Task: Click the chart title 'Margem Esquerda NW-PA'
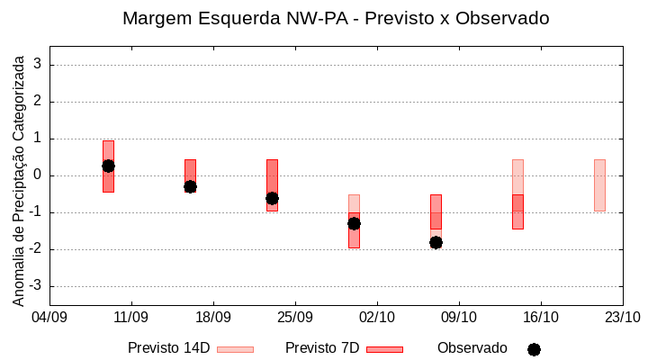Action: pyautogui.click(x=336, y=18)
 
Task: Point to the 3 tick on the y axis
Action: pyautogui.click(x=39, y=65)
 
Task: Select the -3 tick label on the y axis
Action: pyautogui.click(x=36, y=286)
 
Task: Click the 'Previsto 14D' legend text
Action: pyautogui.click(x=168, y=348)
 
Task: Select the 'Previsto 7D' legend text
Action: pyautogui.click(x=322, y=348)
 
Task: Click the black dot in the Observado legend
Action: pyautogui.click(x=534, y=349)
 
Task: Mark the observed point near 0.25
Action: pyautogui.click(x=108, y=166)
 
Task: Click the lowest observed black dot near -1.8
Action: pyautogui.click(x=436, y=242)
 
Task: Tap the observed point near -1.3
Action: pyautogui.click(x=354, y=223)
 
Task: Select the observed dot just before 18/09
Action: pyautogui.click(x=190, y=186)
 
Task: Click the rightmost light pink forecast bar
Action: pyautogui.click(x=599, y=185)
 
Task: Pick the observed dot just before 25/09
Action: pyautogui.click(x=272, y=198)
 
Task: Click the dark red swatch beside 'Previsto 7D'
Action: pyautogui.click(x=384, y=349)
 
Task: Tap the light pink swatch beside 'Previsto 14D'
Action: pyautogui.click(x=235, y=349)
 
